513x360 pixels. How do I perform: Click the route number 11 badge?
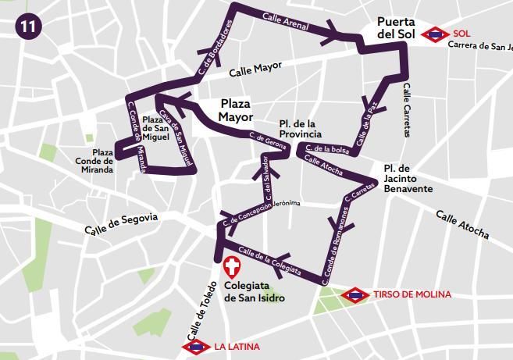tap(30, 25)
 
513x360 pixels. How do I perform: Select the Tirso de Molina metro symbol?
tap(354, 295)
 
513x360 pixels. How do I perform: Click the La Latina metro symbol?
tap(195, 346)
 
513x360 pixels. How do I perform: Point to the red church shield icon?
tap(232, 266)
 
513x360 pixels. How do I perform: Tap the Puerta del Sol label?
tap(396, 29)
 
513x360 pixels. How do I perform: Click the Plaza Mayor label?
tap(236, 110)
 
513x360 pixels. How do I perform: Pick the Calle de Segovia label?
tap(121, 224)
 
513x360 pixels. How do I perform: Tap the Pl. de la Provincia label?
tap(300, 130)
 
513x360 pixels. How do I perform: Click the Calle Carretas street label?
tap(406, 109)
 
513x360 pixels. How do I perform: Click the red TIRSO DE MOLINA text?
tap(411, 295)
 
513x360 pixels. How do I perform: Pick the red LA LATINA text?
tap(237, 346)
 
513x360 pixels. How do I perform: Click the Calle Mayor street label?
tap(255, 71)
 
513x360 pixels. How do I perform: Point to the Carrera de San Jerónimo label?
tap(479, 45)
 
